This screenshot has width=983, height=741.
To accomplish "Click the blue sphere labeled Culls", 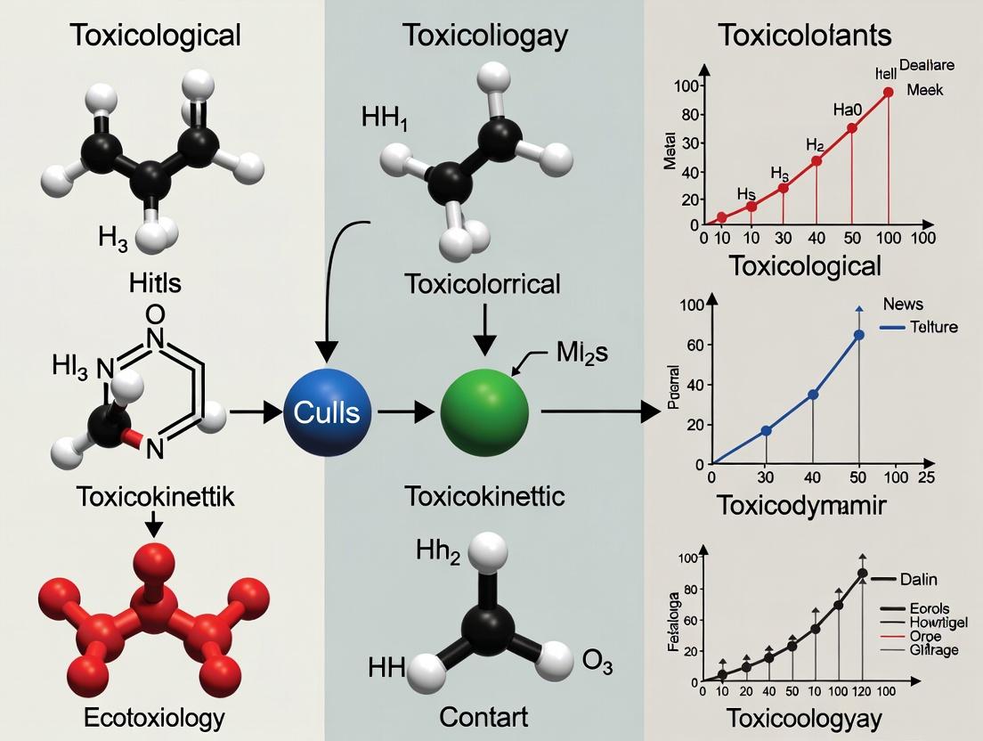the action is [327, 412].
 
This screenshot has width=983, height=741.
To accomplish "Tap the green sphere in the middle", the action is [484, 412].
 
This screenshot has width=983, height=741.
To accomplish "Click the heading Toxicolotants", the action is [804, 36].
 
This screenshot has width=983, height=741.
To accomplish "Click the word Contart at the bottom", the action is [483, 717].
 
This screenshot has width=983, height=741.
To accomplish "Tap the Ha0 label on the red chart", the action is [848, 110].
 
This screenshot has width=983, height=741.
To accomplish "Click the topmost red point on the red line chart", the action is [888, 92].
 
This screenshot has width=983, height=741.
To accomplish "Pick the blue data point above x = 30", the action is [766, 431].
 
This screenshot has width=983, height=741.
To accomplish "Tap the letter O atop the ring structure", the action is [154, 313].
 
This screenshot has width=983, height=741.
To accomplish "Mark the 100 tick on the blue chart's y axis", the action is [691, 305].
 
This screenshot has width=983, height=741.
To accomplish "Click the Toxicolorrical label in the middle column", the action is [483, 284].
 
